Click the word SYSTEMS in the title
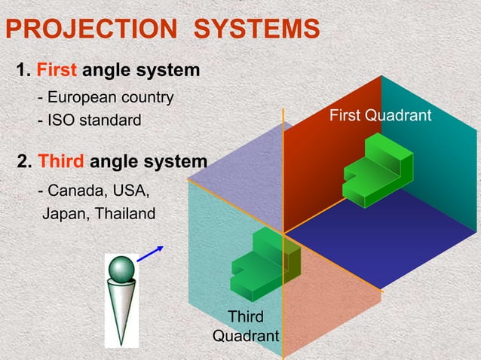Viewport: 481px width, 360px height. tap(257, 30)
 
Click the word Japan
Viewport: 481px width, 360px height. tap(65, 214)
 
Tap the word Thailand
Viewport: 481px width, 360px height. tap(124, 214)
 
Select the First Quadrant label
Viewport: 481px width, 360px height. tap(380, 115)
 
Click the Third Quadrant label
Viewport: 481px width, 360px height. tap(246, 325)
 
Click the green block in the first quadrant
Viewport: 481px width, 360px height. tap(378, 170)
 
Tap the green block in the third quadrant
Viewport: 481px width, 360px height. tap(265, 261)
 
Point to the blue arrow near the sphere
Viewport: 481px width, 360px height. tap(150, 255)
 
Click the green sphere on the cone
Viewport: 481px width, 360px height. tap(121, 269)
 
